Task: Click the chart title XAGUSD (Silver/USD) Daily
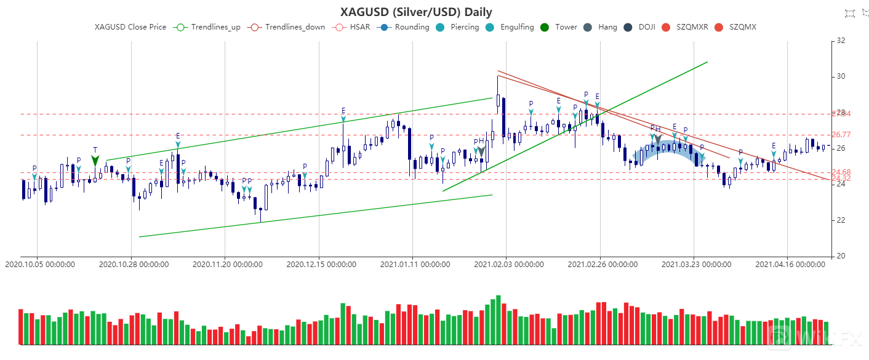coord(416,12)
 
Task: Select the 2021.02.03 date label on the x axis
coord(508,265)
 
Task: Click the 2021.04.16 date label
coord(790,265)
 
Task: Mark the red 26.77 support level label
coord(841,135)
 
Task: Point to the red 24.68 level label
coord(841,172)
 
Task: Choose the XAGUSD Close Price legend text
coord(130,27)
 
